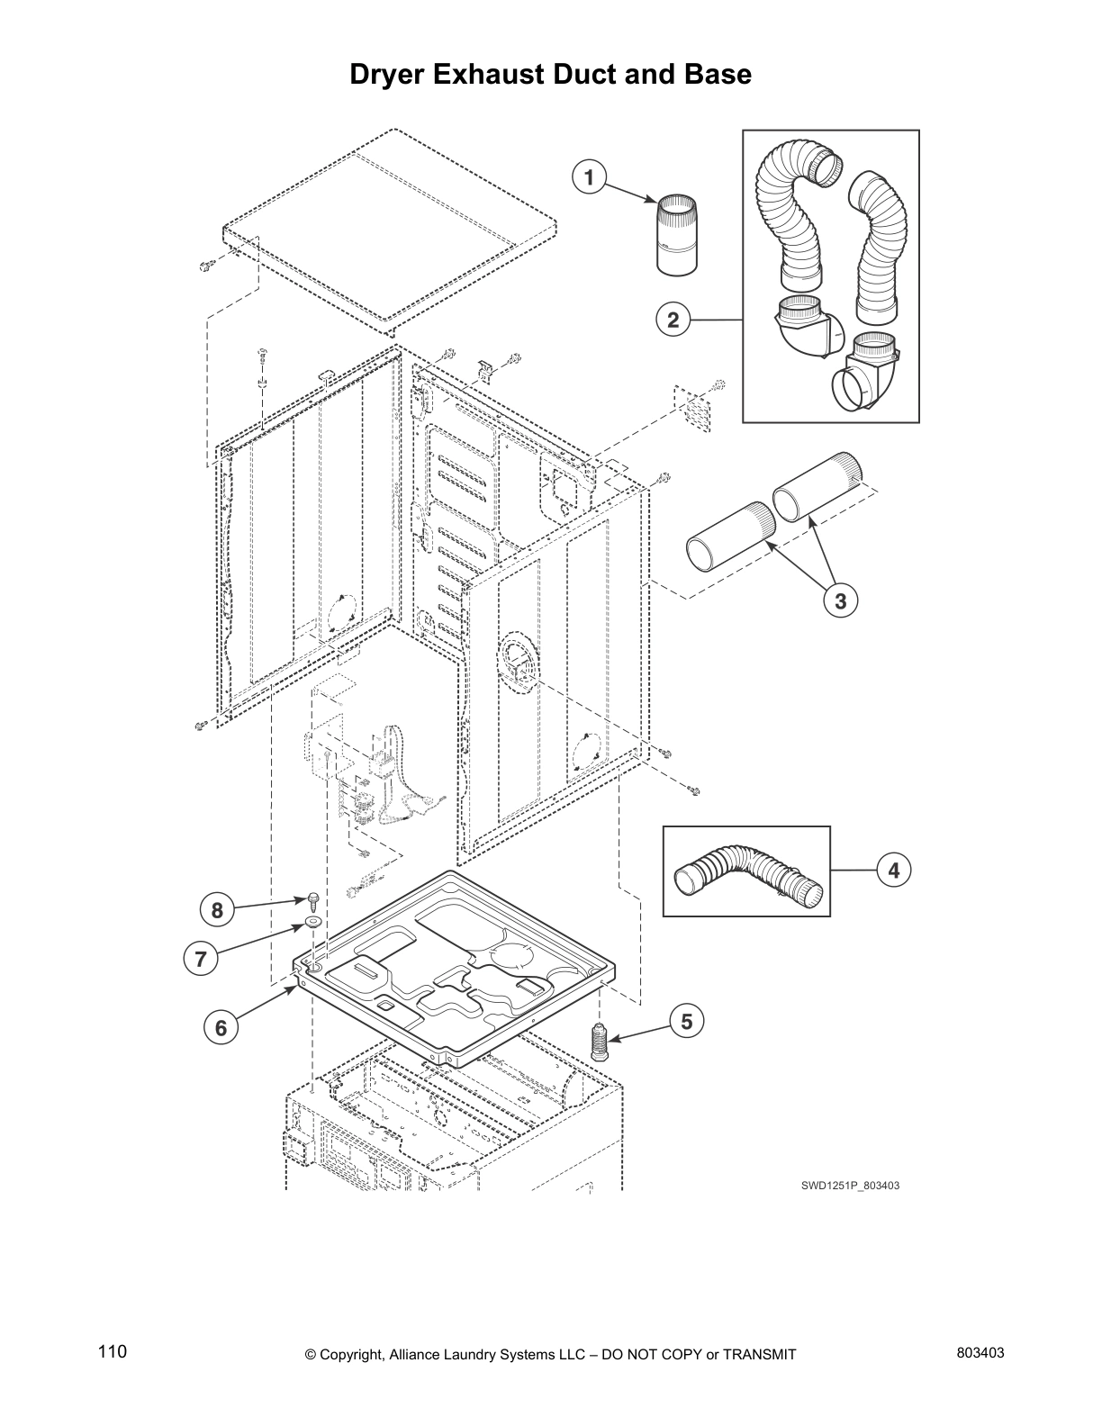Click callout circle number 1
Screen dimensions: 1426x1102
pyautogui.click(x=589, y=177)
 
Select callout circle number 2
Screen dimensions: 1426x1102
pyautogui.click(x=673, y=320)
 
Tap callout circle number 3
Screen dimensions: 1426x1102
pyautogui.click(x=840, y=601)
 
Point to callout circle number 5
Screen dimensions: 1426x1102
pyautogui.click(x=686, y=1022)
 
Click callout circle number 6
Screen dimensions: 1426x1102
pyautogui.click(x=221, y=1028)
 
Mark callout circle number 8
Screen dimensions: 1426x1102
pyautogui.click(x=217, y=911)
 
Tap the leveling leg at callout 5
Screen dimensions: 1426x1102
pyautogui.click(x=596, y=1042)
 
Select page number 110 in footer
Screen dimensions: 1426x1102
pyautogui.click(x=113, y=1351)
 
